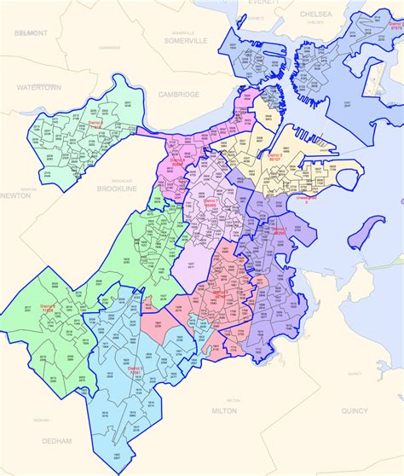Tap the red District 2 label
click(x=274, y=158)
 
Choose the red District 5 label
click(x=136, y=370)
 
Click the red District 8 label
click(x=177, y=160)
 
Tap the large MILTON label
click(x=224, y=410)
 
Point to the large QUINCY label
click(x=354, y=411)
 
